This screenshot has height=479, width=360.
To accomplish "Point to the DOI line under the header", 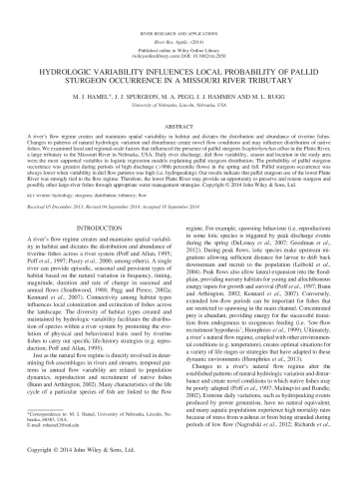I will [180, 39].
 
